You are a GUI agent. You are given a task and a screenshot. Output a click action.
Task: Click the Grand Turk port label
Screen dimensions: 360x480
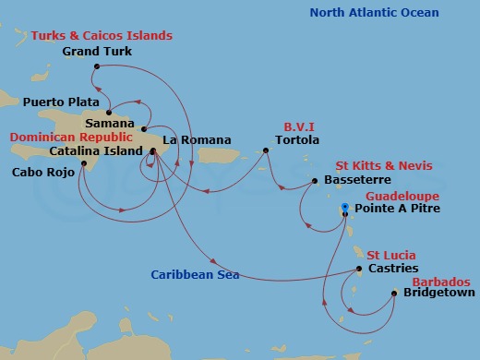tap(97, 52)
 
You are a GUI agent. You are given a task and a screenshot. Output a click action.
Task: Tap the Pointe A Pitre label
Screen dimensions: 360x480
tap(398, 210)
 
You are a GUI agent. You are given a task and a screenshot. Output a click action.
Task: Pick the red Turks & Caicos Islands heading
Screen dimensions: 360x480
tap(102, 35)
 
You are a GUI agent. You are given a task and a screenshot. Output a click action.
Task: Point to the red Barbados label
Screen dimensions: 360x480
tap(439, 282)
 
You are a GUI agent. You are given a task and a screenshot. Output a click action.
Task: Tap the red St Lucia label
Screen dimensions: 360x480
tap(390, 255)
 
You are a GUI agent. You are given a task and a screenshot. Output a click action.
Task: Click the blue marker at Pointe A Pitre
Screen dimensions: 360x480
tap(344, 207)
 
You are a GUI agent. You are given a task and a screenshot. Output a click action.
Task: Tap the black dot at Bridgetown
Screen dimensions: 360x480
tap(394, 294)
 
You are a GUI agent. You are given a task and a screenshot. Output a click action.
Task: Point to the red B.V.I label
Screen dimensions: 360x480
tap(294, 128)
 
